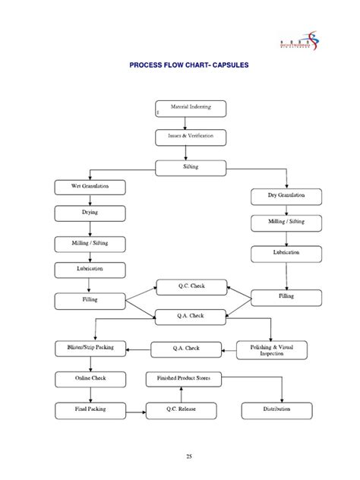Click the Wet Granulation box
[90, 186]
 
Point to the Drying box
[90, 213]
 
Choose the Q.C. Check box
[191, 286]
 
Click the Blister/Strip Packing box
[90, 349]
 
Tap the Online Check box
[90, 379]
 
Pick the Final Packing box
[90, 410]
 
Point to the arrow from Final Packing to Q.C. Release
[136, 411]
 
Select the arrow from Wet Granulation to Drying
[90, 200]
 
